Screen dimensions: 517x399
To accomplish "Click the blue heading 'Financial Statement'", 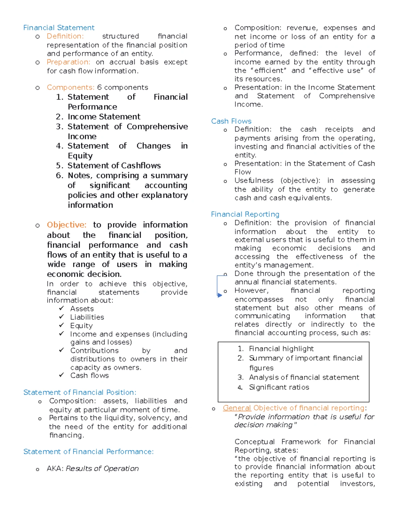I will pos(59,28).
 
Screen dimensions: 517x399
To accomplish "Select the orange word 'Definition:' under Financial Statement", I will pos(65,36).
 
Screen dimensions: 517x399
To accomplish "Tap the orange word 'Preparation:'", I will pos(68,62).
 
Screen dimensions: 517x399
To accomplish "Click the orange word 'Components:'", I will pos(70,87).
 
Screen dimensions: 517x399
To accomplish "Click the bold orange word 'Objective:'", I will pos(66,225).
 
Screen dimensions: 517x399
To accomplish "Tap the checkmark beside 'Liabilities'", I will pos(62,317).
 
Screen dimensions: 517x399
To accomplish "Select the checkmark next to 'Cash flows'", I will pos(62,375).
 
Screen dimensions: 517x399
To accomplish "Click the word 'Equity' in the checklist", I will pos(81,326).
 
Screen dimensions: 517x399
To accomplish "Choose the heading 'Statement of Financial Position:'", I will pos(80,392).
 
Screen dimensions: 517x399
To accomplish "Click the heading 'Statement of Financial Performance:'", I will pos(88,451).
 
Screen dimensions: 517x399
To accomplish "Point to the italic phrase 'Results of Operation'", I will pos(102,468).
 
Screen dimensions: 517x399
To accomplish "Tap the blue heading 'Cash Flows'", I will pos(231,121).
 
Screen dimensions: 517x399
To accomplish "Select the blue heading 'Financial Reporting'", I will pos(245,214).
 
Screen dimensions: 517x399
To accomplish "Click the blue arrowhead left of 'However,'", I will pos(219,295).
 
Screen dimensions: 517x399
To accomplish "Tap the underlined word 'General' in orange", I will pos(237,408).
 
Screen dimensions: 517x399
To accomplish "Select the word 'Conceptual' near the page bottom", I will pos(254,442).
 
